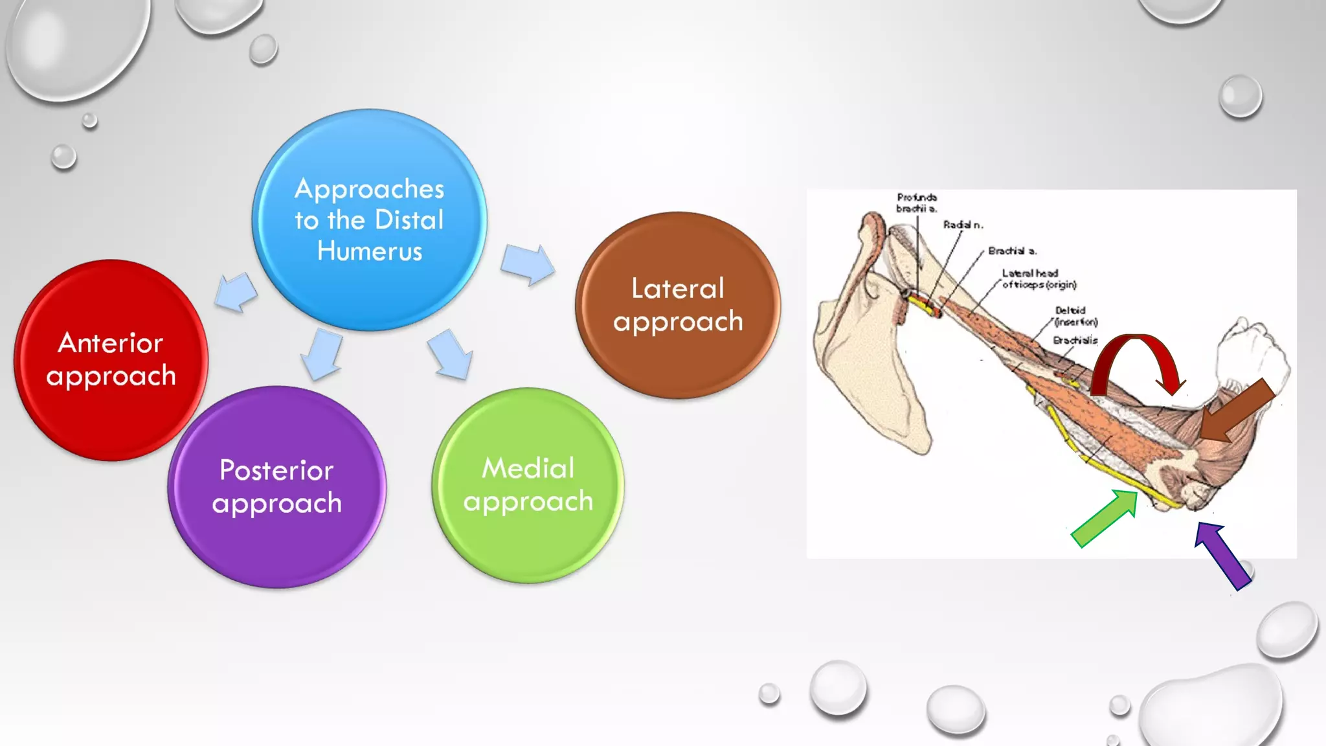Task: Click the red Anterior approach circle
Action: [x=111, y=360]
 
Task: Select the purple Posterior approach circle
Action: [x=276, y=487]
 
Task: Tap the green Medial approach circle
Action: [x=528, y=485]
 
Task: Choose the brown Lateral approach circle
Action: [x=677, y=305]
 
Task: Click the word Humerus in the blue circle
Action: [x=369, y=251]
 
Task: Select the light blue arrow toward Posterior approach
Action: [x=322, y=354]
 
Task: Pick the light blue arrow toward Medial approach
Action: [x=451, y=354]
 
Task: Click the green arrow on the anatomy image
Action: [x=1105, y=518]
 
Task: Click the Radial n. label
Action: [x=962, y=225]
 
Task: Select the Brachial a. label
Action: [x=1011, y=251]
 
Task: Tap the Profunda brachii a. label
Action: [x=916, y=203]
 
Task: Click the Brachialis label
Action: [x=1075, y=341]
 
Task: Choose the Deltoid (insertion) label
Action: [x=1075, y=316]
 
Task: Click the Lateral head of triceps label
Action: [x=1038, y=279]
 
